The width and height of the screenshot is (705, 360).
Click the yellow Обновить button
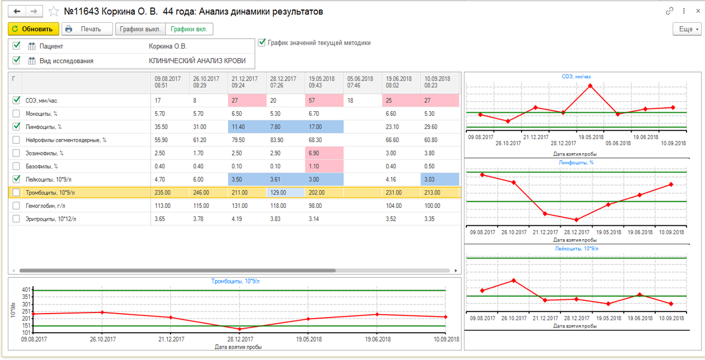(x=34, y=29)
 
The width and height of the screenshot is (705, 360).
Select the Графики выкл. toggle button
(x=140, y=29)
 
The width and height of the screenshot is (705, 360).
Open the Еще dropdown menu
(x=687, y=29)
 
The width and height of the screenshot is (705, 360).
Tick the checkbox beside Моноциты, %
(x=16, y=113)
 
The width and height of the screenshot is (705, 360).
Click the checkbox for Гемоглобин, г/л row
(x=16, y=206)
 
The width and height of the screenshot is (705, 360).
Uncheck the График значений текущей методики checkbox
(x=262, y=42)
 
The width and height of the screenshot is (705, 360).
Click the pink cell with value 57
(x=324, y=101)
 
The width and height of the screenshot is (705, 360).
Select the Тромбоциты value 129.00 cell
(x=286, y=192)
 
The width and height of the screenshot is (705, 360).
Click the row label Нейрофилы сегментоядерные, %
(x=66, y=140)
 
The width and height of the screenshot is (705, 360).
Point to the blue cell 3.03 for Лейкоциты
(x=439, y=179)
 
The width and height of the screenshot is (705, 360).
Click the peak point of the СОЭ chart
(x=590, y=86)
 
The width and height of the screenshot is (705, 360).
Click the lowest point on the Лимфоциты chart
(x=576, y=220)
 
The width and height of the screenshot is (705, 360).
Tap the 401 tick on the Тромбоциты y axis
(x=26, y=290)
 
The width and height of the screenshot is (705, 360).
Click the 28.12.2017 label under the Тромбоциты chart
(x=240, y=339)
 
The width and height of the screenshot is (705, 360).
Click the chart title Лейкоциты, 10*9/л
(x=576, y=249)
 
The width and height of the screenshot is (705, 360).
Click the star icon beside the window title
(x=54, y=12)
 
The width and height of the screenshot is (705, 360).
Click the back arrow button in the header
(x=17, y=12)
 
